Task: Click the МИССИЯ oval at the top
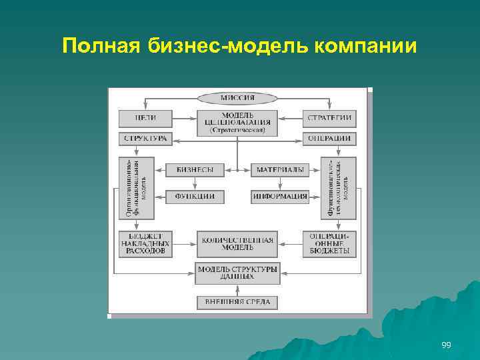[237, 98]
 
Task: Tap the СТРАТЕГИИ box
[329, 119]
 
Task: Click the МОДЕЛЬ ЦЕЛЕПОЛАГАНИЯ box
[237, 121]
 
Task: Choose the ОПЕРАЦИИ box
[329, 139]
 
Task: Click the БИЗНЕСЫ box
[195, 170]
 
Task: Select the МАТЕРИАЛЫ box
[280, 170]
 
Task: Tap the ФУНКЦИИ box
[195, 196]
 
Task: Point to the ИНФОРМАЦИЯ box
[280, 196]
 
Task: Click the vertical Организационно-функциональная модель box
[136, 188]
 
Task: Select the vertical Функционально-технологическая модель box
[339, 188]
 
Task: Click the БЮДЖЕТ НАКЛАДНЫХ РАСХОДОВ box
[145, 244]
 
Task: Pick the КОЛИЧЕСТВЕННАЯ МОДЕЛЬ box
[237, 244]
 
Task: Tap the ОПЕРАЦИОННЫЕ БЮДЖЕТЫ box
[329, 244]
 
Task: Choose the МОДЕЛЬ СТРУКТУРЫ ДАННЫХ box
[237, 271]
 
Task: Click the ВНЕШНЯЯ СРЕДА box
[237, 302]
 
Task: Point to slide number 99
[446, 345]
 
